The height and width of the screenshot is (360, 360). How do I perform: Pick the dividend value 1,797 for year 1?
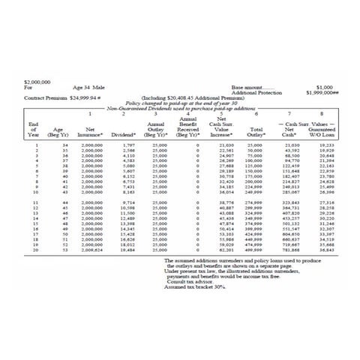[127, 145]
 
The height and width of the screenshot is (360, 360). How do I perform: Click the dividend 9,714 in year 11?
[127, 202]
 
